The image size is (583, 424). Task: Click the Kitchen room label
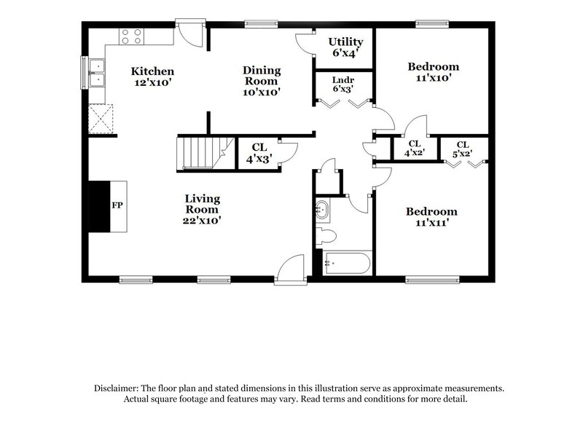coord(152,77)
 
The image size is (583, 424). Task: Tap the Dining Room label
coord(261,80)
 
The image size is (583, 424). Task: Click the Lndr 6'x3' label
coord(343,85)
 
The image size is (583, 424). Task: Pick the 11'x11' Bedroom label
coord(432,217)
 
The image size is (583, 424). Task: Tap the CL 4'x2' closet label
coord(414,148)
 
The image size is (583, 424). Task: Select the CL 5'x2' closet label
coord(463,148)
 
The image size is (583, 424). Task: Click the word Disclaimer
coord(117,389)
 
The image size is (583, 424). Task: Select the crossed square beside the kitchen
coord(101,119)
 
